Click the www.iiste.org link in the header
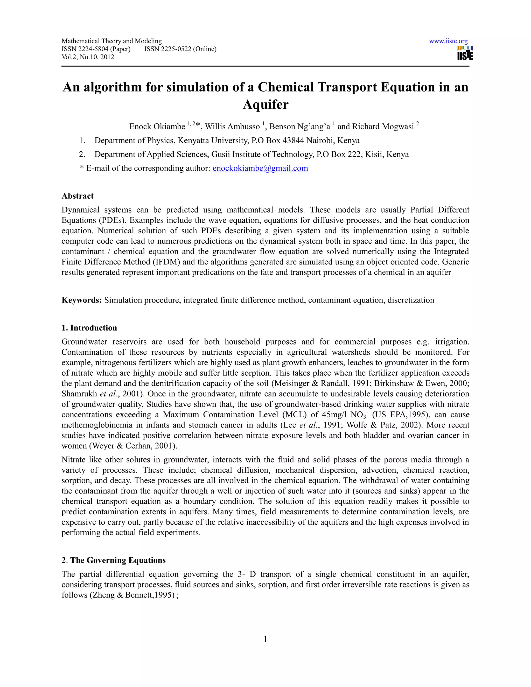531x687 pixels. [448, 41]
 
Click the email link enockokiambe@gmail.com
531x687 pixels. [260, 168]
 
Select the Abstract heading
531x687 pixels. [78, 196]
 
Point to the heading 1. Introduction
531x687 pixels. [89, 328]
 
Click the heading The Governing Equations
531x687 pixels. [118, 560]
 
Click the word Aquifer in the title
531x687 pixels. [265, 104]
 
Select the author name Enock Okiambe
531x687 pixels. [157, 127]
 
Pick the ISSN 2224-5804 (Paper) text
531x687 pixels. [96, 49]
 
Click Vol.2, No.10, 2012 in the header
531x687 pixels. [88, 57]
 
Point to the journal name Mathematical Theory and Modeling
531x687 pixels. [112, 41]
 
